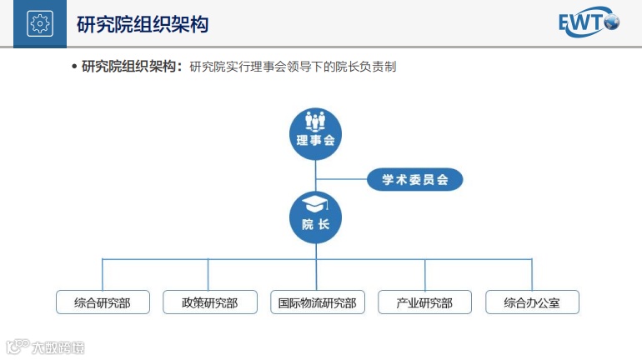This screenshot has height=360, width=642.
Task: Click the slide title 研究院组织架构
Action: pyautogui.click(x=142, y=24)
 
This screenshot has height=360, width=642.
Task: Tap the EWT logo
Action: pyautogui.click(x=589, y=24)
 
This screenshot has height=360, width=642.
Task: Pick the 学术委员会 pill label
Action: pyautogui.click(x=415, y=179)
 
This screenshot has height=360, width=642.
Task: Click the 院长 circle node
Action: pyautogui.click(x=315, y=217)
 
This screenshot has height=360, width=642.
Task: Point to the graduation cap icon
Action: pyautogui.click(x=315, y=205)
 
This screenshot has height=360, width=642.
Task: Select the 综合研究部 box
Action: pyautogui.click(x=103, y=302)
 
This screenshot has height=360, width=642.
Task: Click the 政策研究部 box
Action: pyautogui.click(x=209, y=302)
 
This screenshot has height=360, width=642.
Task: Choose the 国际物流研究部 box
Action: pyautogui.click(x=317, y=302)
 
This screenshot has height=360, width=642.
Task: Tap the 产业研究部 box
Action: pyautogui.click(x=424, y=302)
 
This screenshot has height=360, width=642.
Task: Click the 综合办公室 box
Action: pyautogui.click(x=532, y=302)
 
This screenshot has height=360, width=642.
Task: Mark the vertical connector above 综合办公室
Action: pyautogui.click(x=532, y=274)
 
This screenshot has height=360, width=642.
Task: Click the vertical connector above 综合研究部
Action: pyautogui.click(x=103, y=274)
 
